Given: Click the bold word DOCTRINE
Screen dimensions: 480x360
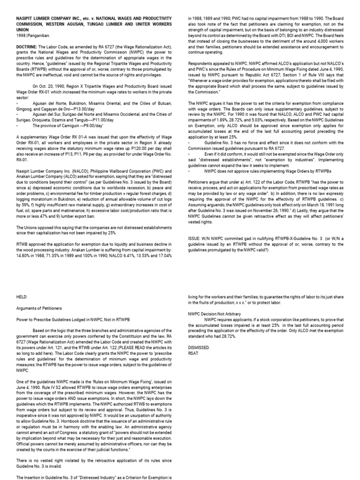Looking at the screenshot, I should (x=27, y=41).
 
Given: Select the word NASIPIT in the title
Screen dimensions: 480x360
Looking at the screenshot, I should (x=26, y=16).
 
